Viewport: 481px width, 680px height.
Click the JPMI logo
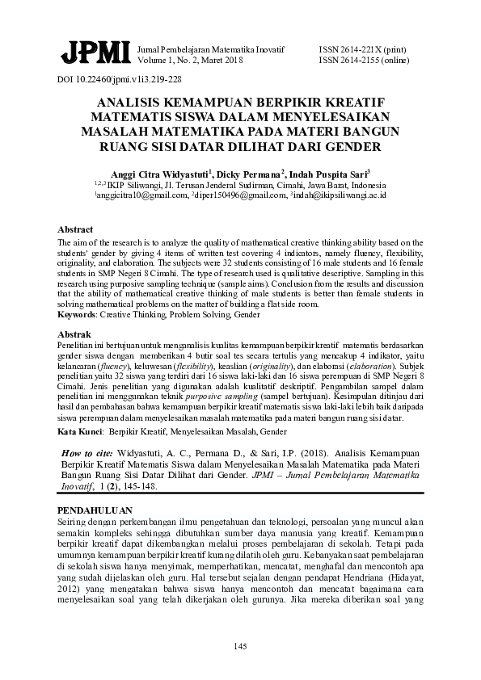(x=95, y=54)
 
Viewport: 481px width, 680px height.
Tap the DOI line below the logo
(x=119, y=81)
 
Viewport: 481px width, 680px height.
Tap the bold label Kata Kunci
(x=79, y=433)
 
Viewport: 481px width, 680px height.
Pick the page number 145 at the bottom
(x=240, y=645)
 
